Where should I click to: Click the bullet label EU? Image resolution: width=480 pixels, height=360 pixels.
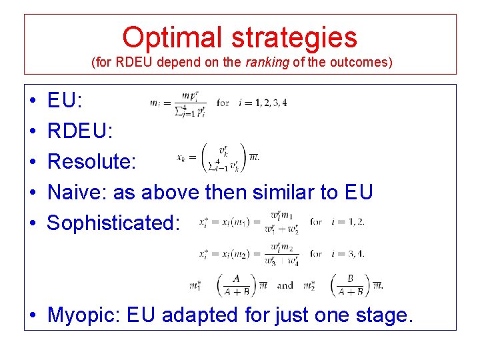click(65, 101)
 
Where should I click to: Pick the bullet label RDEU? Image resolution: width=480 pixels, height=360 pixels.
click(80, 131)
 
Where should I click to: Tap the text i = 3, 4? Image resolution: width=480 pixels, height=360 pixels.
click(347, 253)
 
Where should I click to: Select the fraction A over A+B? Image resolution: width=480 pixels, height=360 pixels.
click(236, 285)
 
